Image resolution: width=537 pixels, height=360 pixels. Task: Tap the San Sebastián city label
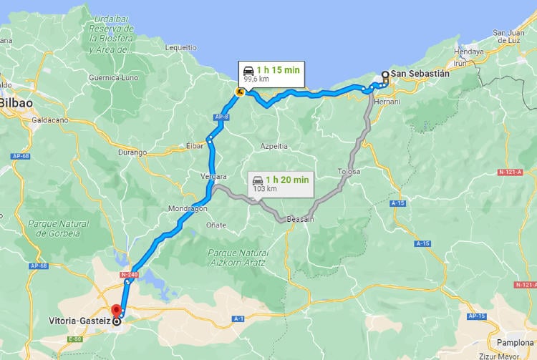click(x=420, y=74)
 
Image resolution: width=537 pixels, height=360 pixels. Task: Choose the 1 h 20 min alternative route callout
click(x=282, y=184)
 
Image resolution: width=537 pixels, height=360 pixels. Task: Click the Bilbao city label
click(x=16, y=103)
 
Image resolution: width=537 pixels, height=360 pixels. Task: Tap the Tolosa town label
click(x=349, y=172)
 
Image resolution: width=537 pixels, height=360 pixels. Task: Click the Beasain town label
click(x=300, y=219)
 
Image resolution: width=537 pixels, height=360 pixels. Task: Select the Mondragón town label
click(x=188, y=209)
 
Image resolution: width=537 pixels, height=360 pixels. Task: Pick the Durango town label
click(x=132, y=152)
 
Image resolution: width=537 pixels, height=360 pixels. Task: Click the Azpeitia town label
click(x=274, y=145)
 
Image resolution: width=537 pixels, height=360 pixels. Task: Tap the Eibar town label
click(x=195, y=145)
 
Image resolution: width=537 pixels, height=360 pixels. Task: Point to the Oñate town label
click(x=216, y=225)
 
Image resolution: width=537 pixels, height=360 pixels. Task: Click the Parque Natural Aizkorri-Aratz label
click(x=237, y=257)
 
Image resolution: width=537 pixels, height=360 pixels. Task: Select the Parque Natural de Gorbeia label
click(x=58, y=228)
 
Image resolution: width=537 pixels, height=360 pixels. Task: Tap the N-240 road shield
click(x=130, y=273)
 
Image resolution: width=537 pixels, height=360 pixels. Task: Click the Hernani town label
click(x=387, y=102)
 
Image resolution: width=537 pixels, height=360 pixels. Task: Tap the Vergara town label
click(x=215, y=176)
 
